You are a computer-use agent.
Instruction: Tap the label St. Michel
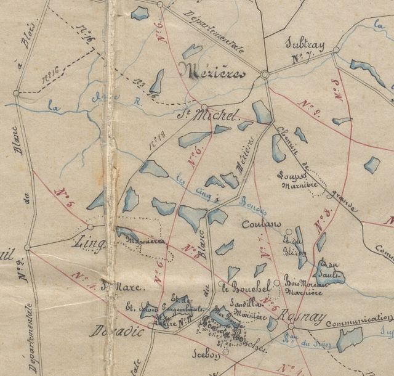tap(216, 115)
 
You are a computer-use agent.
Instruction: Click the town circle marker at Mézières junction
tap(265, 75)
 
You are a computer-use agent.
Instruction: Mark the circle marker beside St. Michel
tap(205, 106)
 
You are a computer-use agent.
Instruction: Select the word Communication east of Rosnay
tap(359, 319)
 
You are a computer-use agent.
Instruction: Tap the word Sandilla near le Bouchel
tap(241, 305)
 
